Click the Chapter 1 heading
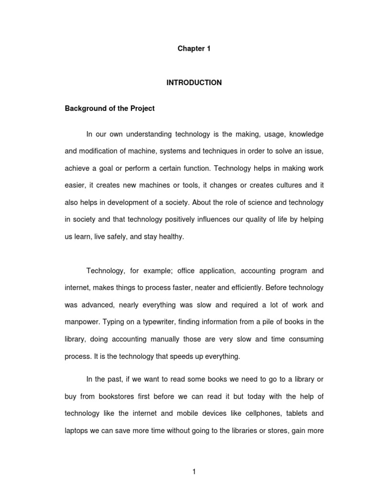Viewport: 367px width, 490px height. point(194,49)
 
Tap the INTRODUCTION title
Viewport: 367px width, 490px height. point(194,83)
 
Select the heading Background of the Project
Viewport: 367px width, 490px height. point(110,109)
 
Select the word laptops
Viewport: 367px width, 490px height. point(76,431)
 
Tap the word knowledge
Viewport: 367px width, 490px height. point(306,134)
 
